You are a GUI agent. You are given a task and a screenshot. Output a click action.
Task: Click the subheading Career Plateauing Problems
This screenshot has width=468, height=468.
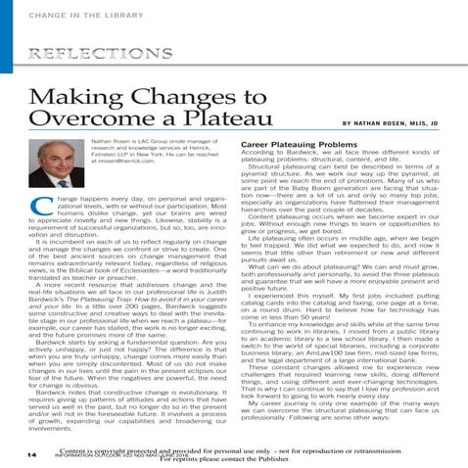coord(300,145)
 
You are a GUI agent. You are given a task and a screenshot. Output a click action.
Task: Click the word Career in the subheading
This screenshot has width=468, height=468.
coord(257,145)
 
